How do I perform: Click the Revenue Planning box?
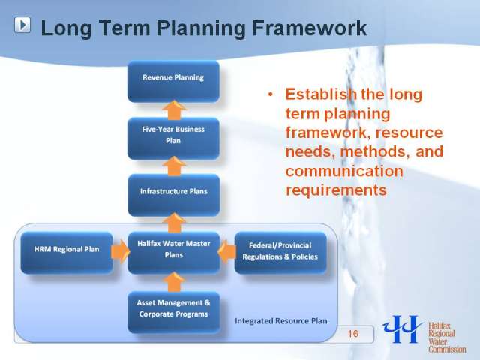[x=173, y=81]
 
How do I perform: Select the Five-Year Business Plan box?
[x=173, y=138]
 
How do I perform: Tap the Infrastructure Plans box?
[x=173, y=195]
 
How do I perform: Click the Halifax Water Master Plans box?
[x=173, y=253]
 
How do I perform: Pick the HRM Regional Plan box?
[x=67, y=253]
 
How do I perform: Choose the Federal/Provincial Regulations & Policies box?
[x=280, y=253]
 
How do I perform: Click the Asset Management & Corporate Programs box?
[x=173, y=312]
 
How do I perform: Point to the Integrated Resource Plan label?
[x=281, y=320]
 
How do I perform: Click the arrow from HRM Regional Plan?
[x=120, y=251]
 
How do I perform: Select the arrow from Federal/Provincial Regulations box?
[x=226, y=251]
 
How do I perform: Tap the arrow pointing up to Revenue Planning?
[x=174, y=109]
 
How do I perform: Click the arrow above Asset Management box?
[x=174, y=282]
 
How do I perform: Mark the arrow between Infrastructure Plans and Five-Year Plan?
[x=174, y=166]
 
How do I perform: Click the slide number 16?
[x=353, y=333]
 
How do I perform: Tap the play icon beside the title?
[x=22, y=25]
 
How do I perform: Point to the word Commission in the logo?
[x=447, y=349]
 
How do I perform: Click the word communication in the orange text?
[x=344, y=171]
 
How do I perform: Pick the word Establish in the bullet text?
[x=320, y=94]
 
